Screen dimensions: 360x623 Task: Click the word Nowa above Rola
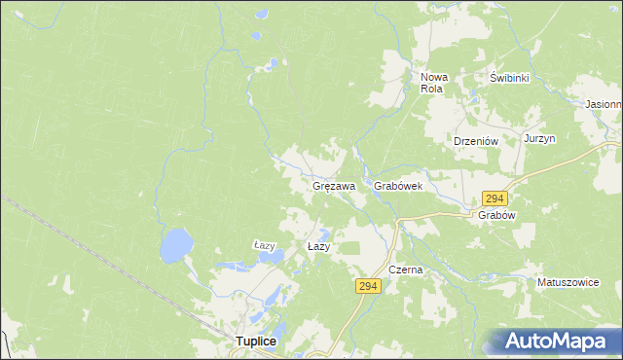point(433,77)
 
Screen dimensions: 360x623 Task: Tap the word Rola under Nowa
point(431,89)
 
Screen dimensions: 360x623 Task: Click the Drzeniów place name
point(476,140)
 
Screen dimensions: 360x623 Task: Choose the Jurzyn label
point(539,139)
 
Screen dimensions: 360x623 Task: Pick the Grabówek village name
point(397,185)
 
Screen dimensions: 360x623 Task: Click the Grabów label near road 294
point(495,215)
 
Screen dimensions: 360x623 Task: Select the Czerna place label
point(405,270)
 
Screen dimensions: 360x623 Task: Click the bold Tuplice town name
point(257,342)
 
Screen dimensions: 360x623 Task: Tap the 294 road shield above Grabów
point(495,198)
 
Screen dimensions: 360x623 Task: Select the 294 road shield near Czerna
point(367,286)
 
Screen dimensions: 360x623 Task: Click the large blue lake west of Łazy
point(176,245)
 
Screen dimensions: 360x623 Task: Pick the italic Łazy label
point(266,245)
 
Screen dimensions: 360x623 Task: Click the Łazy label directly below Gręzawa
point(319,247)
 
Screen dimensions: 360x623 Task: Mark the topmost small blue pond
point(256,36)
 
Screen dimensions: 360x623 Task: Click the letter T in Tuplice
point(239,342)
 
